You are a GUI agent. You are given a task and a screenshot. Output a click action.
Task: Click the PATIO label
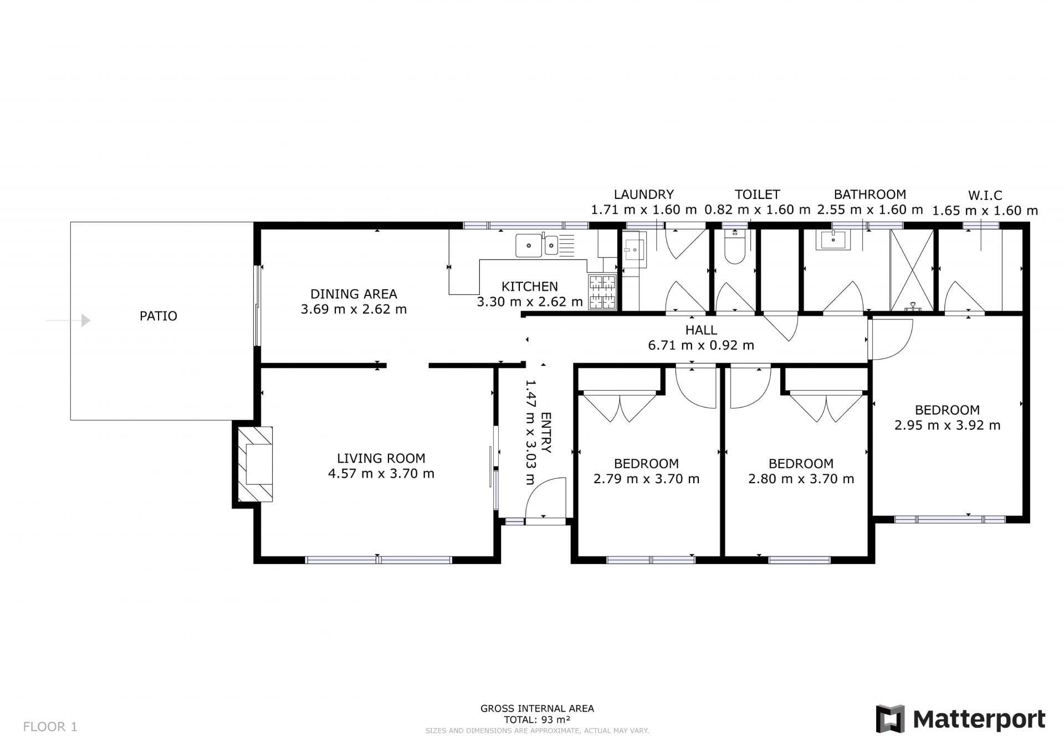(x=158, y=316)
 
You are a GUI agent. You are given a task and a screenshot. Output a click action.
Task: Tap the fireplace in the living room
(x=255, y=464)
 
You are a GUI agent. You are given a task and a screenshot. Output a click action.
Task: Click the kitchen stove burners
(x=602, y=292)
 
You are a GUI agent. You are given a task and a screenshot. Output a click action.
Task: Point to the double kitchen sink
(x=536, y=245)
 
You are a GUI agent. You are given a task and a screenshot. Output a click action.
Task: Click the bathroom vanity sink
(x=833, y=240)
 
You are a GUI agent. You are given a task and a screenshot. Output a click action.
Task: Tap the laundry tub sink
(x=633, y=250)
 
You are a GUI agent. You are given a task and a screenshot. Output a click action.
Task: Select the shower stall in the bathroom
(x=912, y=270)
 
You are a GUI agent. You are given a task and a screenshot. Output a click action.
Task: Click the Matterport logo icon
(x=890, y=719)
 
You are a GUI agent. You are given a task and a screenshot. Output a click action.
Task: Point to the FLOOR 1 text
(x=50, y=727)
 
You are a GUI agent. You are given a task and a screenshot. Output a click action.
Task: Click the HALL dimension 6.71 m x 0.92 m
(x=701, y=345)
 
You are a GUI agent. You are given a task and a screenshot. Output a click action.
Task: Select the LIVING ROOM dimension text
(x=381, y=474)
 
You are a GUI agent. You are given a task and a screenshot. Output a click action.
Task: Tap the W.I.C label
(x=985, y=196)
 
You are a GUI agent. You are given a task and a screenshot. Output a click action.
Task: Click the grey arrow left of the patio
(x=68, y=320)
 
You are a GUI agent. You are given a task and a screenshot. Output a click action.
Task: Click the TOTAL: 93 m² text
(x=537, y=720)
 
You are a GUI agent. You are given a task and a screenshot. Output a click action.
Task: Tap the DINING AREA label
(x=354, y=294)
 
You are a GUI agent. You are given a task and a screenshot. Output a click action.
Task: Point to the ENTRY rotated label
(x=546, y=433)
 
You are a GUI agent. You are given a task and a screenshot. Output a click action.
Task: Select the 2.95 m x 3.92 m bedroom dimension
(x=948, y=426)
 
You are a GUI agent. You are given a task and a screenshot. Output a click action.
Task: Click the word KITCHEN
(x=530, y=287)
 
